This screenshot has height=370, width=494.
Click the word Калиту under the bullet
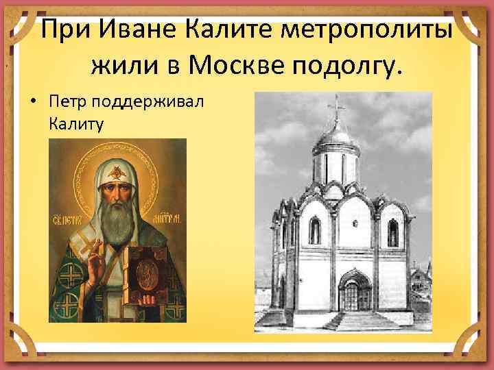tap(75, 123)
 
